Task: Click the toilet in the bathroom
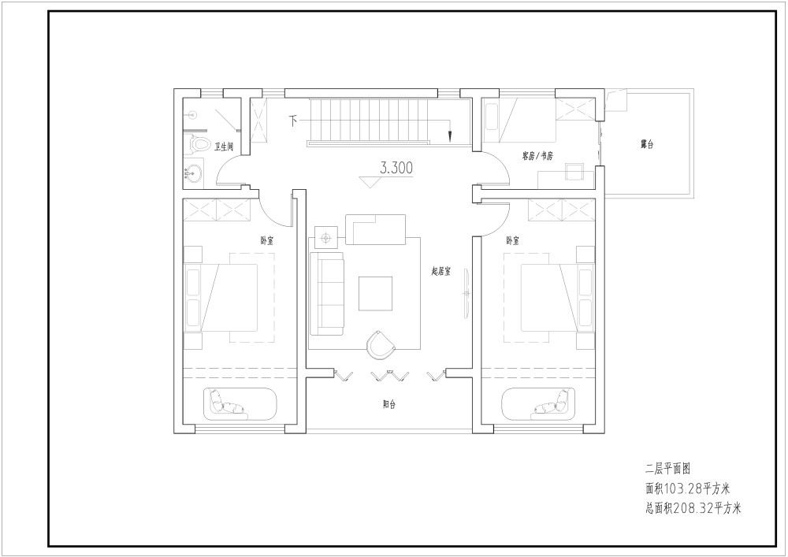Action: (x=199, y=143)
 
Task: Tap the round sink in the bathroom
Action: (x=193, y=173)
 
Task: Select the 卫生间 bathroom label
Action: (x=224, y=147)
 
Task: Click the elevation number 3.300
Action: (x=396, y=169)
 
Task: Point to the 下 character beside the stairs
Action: (x=293, y=121)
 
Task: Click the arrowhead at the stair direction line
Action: (x=450, y=136)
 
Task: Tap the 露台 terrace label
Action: (x=647, y=145)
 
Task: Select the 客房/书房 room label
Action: (x=537, y=156)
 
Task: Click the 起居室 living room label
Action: (x=440, y=271)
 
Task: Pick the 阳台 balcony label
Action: (x=389, y=404)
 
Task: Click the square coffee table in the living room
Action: (x=375, y=293)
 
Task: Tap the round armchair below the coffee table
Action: (x=381, y=344)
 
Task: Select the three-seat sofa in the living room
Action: (x=327, y=293)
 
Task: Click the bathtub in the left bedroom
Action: (x=240, y=404)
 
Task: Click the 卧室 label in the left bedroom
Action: (x=267, y=240)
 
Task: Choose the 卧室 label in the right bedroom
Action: (x=513, y=240)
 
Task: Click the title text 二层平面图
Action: (x=668, y=469)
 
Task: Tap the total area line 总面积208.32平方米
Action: (x=693, y=508)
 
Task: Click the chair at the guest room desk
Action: (x=574, y=172)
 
